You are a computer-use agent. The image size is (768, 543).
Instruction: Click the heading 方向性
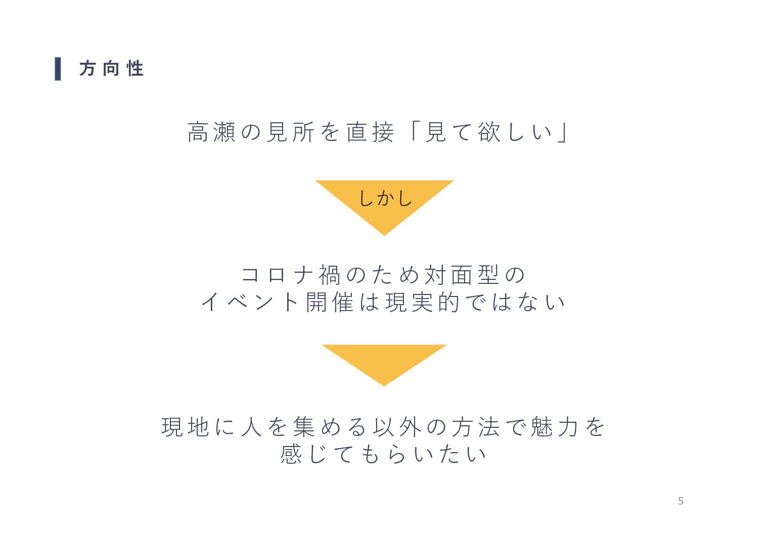click(x=111, y=69)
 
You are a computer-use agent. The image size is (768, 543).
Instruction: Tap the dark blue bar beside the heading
click(x=58, y=69)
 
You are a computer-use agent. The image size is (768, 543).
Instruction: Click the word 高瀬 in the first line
click(x=211, y=132)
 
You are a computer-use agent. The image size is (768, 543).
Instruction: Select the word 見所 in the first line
click(x=290, y=132)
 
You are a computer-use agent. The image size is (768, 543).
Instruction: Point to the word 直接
click(x=370, y=132)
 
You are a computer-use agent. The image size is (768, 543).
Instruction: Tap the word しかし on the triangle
click(x=385, y=198)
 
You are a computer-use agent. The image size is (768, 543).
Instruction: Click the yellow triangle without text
click(x=384, y=361)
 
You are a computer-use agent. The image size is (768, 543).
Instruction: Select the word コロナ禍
click(x=291, y=275)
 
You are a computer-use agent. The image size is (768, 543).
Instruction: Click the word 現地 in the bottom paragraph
click(x=185, y=427)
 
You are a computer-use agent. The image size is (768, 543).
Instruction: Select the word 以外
click(x=397, y=427)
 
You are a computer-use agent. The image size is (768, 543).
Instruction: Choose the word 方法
click(x=475, y=427)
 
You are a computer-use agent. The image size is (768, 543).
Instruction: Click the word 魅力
click(x=554, y=427)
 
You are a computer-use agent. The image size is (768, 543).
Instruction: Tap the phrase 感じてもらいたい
click(x=383, y=454)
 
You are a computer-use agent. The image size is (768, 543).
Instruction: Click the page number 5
click(x=681, y=501)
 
